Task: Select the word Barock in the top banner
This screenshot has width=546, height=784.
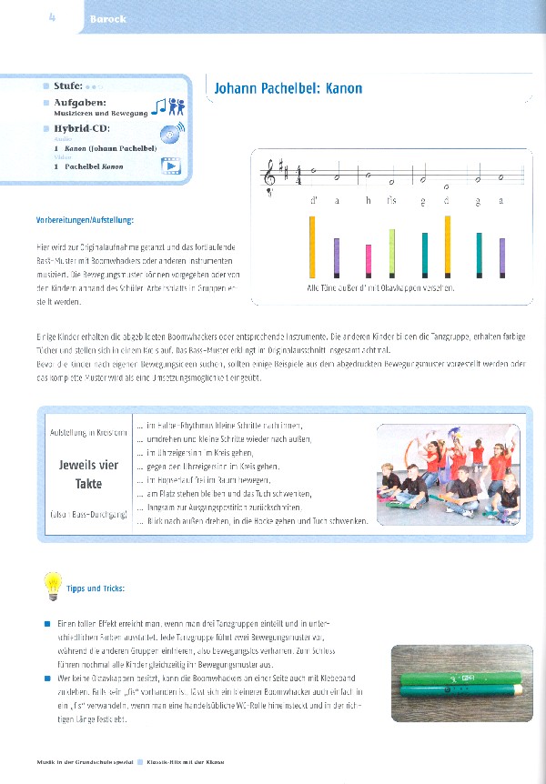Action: pos(107,19)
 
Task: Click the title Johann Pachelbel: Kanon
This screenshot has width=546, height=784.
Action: pos(288,88)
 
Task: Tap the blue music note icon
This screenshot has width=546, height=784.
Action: pos(159,107)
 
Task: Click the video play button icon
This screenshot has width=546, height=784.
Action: pos(171,165)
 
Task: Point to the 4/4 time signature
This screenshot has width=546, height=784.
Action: pos(298,171)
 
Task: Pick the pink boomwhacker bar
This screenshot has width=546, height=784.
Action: pos(368,259)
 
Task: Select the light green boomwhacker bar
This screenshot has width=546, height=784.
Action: pos(392,252)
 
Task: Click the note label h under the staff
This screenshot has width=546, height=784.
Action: pos(368,202)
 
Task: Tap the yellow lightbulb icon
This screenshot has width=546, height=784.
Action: pos(53,584)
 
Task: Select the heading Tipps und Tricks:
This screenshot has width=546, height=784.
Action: pos(96,589)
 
